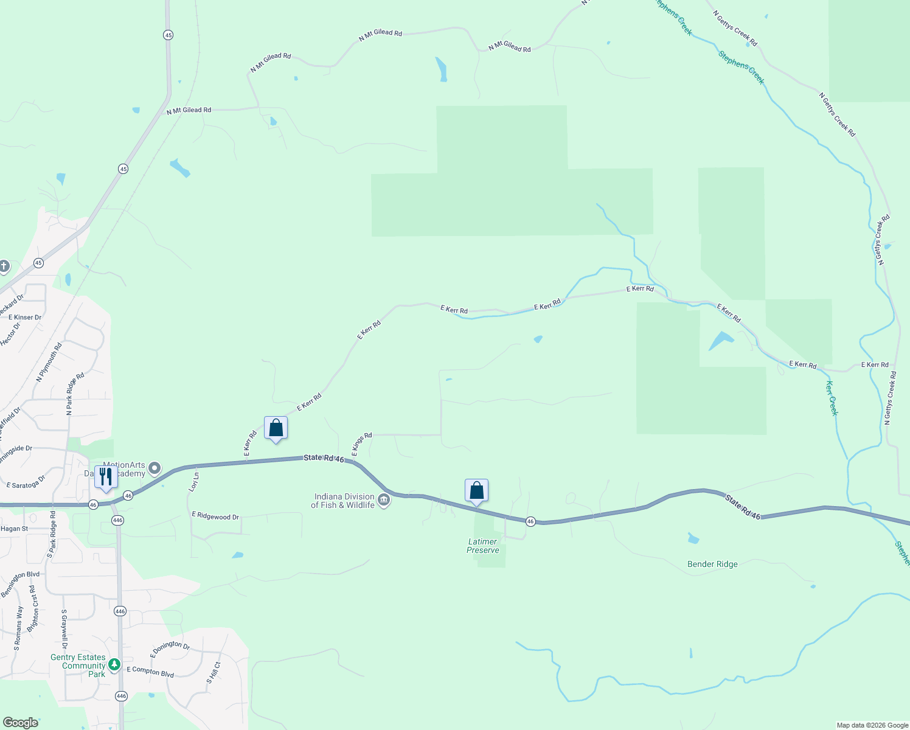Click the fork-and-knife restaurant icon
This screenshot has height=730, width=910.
[106, 477]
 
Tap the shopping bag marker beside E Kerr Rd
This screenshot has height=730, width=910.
[276, 428]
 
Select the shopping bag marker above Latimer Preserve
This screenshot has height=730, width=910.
[476, 491]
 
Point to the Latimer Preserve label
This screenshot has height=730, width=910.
[483, 546]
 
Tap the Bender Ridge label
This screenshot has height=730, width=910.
[712, 564]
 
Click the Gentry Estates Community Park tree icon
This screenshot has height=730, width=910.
[114, 665]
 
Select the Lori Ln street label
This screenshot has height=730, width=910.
[194, 482]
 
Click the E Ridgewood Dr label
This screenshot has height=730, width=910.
[215, 516]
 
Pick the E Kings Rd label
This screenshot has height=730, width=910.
[361, 445]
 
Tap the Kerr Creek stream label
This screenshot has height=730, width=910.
[832, 398]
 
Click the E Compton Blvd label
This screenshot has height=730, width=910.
[150, 672]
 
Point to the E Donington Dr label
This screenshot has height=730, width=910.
[170, 648]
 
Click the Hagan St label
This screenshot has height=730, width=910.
[14, 529]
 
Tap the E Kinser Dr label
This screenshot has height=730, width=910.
[25, 317]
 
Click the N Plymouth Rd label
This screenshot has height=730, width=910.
[49, 363]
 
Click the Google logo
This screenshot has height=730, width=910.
[21, 723]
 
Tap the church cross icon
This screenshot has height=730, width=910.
[4, 266]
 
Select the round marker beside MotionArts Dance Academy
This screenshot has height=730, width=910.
[155, 468]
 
